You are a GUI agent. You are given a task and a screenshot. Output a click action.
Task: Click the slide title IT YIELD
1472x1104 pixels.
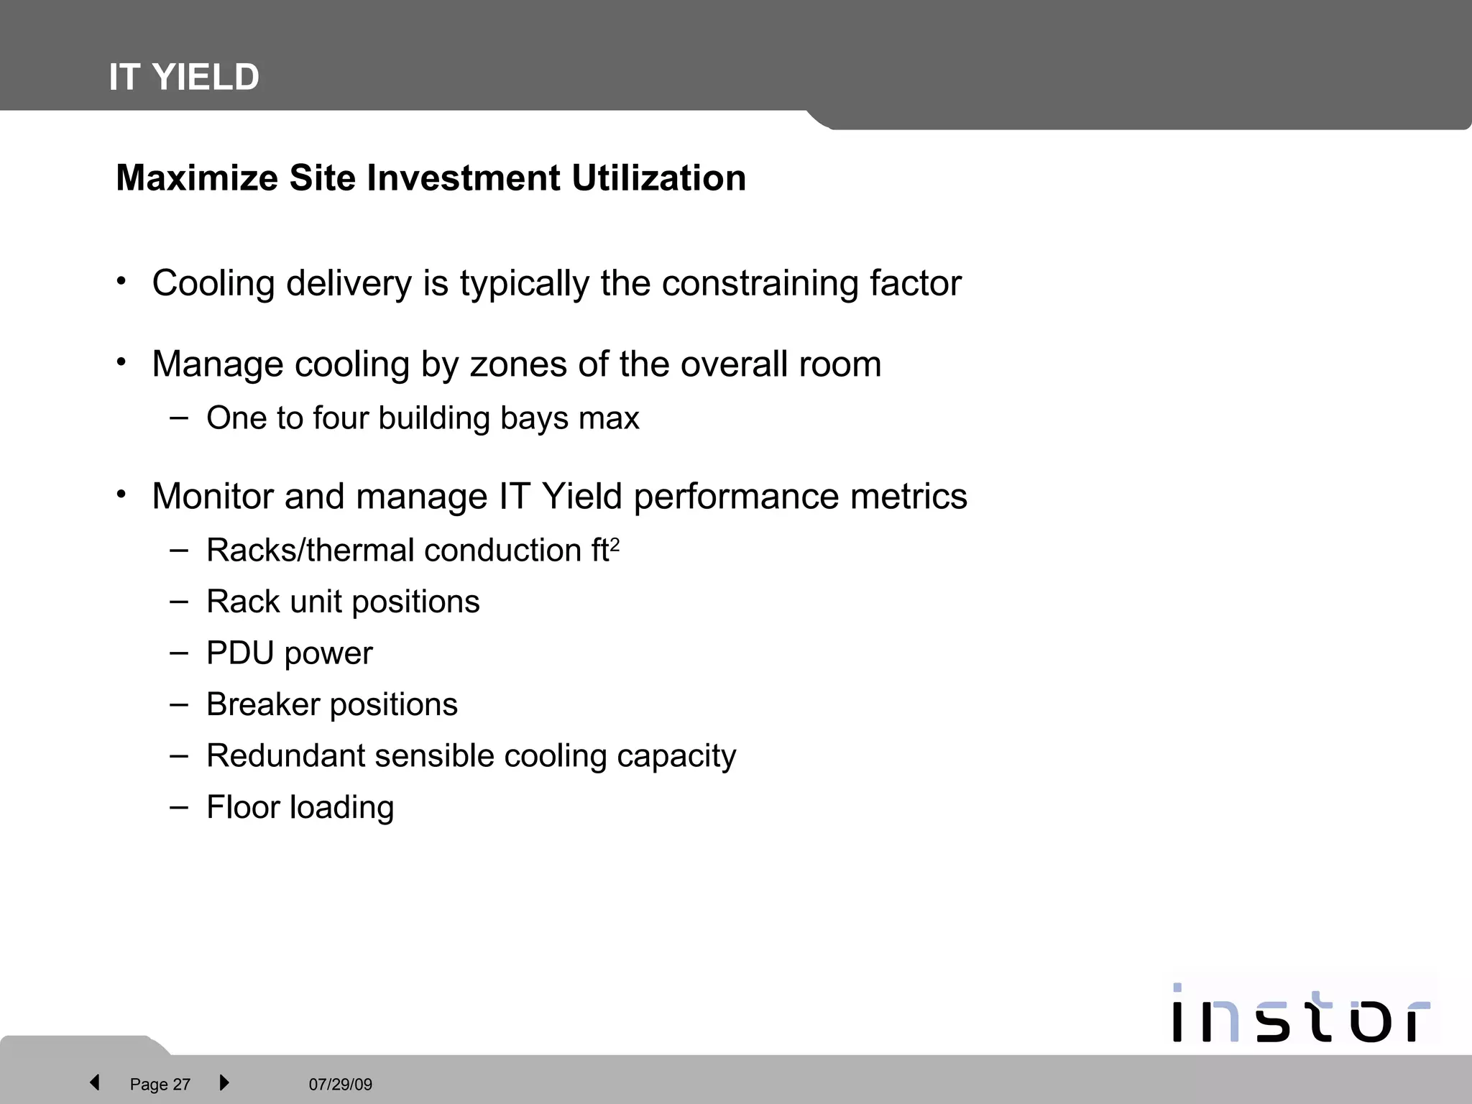(x=184, y=77)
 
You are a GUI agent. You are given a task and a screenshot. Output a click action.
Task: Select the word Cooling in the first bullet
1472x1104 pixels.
(x=213, y=283)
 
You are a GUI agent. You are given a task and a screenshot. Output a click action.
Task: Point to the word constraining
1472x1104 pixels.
(x=760, y=283)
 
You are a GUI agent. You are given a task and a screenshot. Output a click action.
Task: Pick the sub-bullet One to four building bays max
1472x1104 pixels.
(x=423, y=418)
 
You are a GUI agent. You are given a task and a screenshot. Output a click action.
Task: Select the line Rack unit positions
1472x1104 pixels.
(x=343, y=602)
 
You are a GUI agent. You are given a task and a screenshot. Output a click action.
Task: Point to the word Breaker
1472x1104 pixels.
(x=262, y=704)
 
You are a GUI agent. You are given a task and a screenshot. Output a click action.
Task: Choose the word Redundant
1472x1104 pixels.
(x=286, y=756)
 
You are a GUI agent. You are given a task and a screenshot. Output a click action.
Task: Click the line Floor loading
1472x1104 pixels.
(x=300, y=807)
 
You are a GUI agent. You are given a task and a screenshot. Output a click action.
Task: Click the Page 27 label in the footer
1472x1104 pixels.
(x=160, y=1085)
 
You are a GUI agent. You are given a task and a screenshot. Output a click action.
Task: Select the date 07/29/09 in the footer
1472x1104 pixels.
(x=341, y=1085)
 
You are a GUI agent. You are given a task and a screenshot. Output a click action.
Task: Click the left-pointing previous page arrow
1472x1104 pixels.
(x=94, y=1082)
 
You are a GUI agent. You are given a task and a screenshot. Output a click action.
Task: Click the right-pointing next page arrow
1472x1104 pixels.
(x=224, y=1082)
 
